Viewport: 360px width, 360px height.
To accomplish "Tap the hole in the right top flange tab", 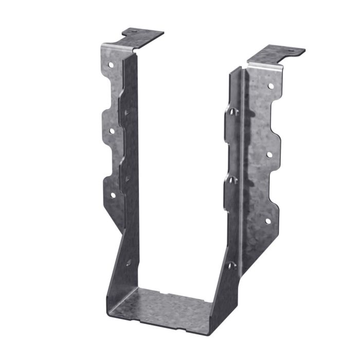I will [x=289, y=51].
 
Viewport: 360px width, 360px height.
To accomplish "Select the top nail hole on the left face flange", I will [x=111, y=65].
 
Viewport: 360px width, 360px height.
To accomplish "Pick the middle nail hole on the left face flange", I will [x=111, y=131].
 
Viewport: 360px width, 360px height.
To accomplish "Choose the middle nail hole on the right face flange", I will [x=268, y=154].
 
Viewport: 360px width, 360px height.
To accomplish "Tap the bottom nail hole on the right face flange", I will [x=267, y=221].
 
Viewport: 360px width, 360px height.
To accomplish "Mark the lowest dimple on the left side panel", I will [x=128, y=262].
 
